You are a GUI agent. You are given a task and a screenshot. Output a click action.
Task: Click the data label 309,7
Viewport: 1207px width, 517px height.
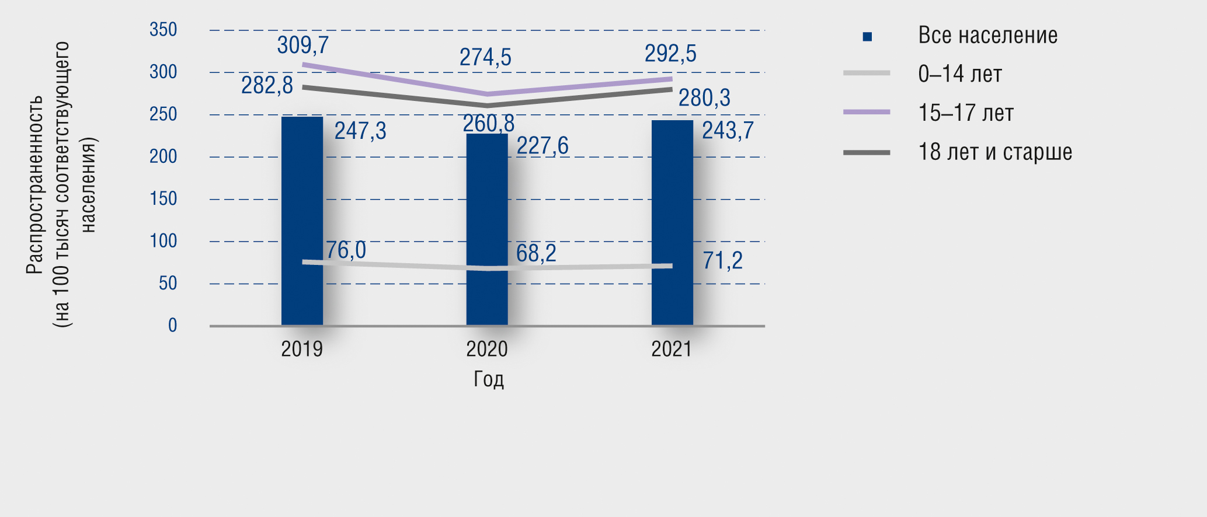[302, 46]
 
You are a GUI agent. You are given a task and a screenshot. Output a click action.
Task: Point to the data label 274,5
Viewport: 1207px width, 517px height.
[485, 58]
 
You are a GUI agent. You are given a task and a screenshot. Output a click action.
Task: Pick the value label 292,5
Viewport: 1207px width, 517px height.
[670, 54]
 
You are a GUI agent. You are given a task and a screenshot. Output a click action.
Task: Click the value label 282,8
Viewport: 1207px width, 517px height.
[267, 86]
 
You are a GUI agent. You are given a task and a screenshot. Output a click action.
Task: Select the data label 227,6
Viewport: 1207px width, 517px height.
[542, 146]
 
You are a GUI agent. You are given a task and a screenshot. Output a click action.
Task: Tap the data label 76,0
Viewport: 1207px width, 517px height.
[346, 250]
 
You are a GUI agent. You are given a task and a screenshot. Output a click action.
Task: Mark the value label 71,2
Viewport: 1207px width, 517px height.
[722, 260]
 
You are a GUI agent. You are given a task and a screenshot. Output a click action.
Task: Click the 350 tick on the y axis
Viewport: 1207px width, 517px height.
[163, 30]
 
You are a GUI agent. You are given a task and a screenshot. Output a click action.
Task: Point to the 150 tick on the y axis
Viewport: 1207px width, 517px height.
[163, 199]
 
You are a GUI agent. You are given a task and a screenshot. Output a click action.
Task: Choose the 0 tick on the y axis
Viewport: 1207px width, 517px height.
[172, 326]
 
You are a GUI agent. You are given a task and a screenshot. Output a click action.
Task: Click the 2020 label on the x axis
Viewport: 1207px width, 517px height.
[487, 349]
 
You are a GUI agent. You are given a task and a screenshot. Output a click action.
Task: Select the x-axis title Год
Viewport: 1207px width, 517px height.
[488, 379]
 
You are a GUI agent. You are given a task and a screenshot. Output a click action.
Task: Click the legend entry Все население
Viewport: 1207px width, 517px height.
[987, 36]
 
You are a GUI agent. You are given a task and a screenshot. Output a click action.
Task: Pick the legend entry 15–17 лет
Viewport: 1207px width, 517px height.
[966, 113]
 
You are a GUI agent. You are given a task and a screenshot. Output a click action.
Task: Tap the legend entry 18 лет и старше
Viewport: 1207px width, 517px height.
[995, 152]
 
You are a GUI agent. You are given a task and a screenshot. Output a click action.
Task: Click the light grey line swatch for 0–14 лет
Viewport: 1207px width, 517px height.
[867, 74]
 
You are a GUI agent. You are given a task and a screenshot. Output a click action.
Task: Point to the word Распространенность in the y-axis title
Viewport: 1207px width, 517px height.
[34, 184]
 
